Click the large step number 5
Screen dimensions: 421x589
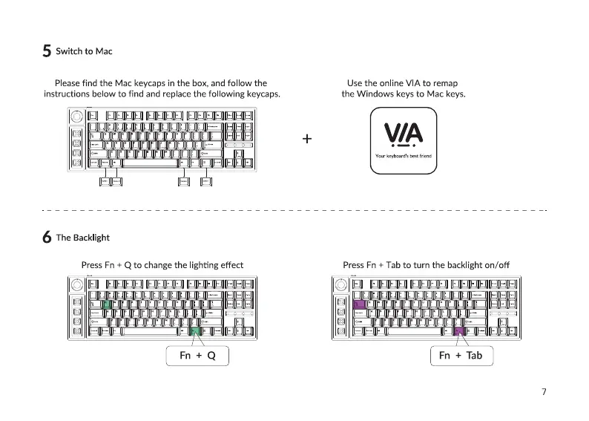47,51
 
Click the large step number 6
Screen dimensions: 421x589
47,238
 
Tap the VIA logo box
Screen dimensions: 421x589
403,141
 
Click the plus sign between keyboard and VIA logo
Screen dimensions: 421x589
307,139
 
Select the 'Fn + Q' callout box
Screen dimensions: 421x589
197,356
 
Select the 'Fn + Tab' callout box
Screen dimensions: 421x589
461,356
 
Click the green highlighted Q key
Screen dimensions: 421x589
106,304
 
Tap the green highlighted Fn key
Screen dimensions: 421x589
196,332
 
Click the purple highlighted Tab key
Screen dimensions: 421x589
360,304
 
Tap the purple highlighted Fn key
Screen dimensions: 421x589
458,332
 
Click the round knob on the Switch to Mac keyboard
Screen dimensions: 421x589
77,116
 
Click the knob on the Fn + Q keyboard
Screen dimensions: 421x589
77,284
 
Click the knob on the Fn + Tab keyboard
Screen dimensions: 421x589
340,284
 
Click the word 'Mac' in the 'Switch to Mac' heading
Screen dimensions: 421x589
104,51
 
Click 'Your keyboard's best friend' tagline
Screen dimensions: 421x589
403,157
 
